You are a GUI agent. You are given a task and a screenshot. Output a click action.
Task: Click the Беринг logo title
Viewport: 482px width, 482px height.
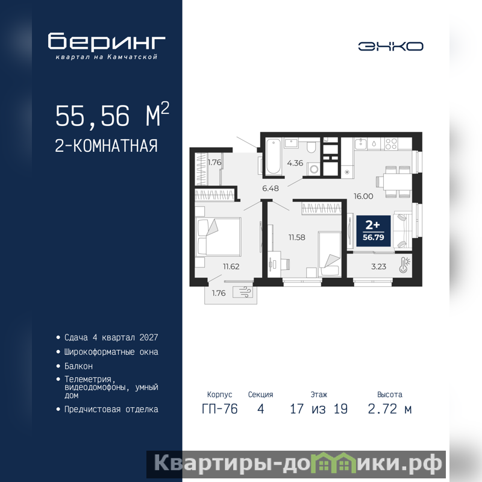[107, 41]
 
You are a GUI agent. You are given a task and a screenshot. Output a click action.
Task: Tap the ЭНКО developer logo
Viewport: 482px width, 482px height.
[390, 46]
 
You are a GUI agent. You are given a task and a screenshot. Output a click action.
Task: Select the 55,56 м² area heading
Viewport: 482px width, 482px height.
[112, 115]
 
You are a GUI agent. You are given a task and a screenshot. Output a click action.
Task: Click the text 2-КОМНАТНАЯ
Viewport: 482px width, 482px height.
[106, 146]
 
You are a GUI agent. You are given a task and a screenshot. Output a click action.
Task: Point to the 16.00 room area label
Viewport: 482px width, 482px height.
[363, 196]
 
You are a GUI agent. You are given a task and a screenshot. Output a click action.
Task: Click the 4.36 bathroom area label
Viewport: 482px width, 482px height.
[295, 163]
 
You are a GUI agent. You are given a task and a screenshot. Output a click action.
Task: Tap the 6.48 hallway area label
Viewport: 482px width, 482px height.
[271, 188]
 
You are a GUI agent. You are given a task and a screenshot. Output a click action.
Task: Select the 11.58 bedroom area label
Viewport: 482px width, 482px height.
[296, 237]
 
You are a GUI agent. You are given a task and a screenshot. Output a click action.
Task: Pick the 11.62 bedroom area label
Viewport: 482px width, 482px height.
[231, 266]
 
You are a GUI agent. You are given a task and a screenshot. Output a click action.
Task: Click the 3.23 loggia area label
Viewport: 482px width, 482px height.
[379, 266]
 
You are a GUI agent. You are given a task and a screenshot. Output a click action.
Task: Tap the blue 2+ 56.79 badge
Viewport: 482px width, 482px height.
[374, 231]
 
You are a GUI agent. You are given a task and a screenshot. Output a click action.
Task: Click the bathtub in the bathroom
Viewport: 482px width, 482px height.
[274, 157]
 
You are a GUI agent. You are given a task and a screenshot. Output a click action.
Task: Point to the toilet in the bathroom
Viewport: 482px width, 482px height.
[311, 147]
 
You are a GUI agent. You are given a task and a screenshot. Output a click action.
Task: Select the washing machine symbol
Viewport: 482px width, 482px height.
[314, 169]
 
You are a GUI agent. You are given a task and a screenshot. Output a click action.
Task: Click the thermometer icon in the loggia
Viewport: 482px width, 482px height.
[405, 265]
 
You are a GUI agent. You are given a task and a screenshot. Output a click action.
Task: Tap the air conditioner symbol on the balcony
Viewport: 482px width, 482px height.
[243, 292]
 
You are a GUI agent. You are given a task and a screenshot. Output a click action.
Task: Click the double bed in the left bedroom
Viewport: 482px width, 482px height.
[218, 237]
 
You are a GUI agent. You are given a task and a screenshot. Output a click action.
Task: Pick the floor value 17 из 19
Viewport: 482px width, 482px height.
[319, 409]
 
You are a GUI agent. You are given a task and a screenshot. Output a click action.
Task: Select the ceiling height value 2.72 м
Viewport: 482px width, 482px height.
[389, 409]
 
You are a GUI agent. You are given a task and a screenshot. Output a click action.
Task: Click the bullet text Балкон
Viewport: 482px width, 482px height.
[78, 366]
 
